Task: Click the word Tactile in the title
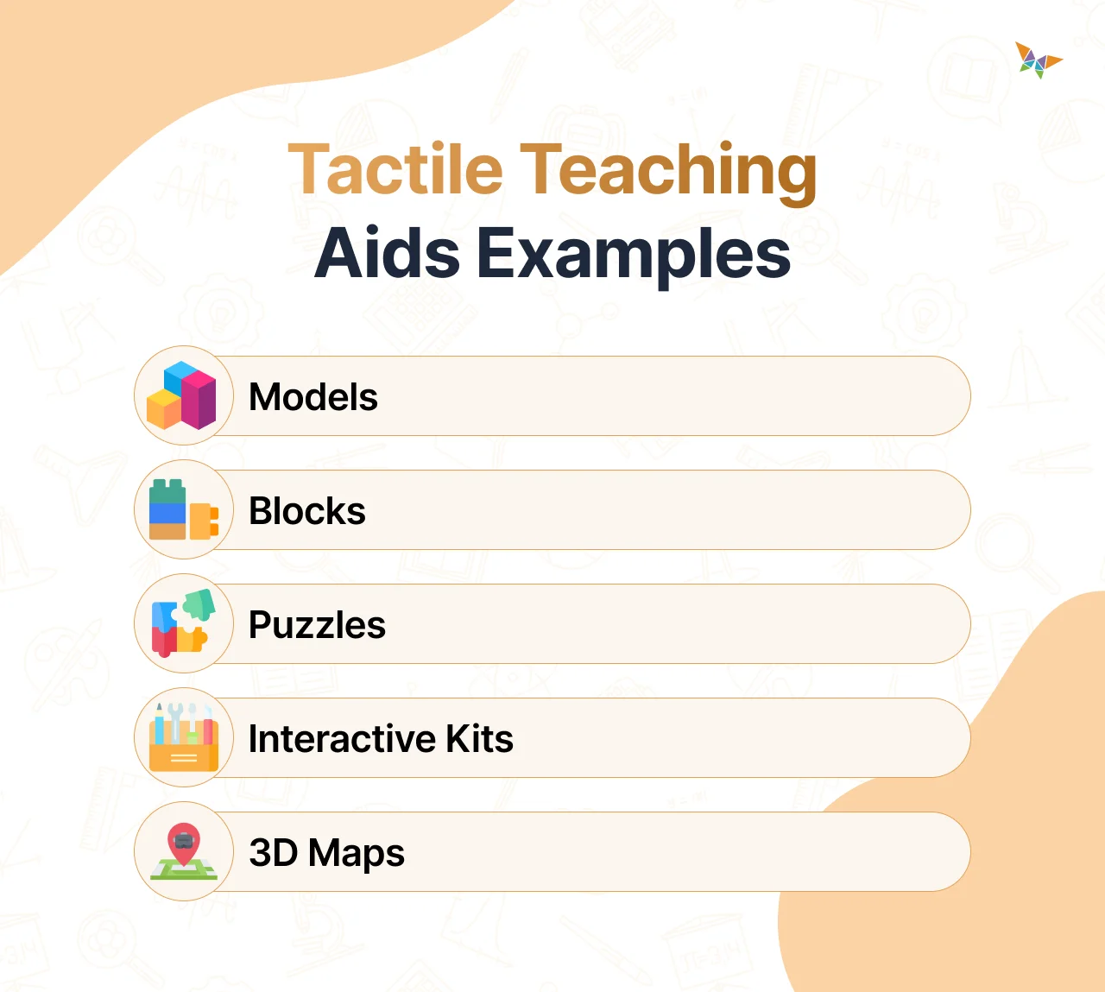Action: (x=395, y=169)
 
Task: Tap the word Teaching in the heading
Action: (x=669, y=171)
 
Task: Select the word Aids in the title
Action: (x=388, y=253)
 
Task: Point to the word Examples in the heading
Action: (x=634, y=255)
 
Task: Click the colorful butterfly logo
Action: (x=1038, y=60)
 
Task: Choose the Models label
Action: (x=313, y=397)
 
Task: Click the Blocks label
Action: (x=307, y=511)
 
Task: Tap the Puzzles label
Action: (x=317, y=625)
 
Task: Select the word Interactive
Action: (x=341, y=739)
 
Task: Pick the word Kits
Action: (x=479, y=739)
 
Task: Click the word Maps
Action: (x=357, y=854)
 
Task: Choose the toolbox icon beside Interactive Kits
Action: (x=183, y=738)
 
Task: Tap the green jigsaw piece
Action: (x=199, y=604)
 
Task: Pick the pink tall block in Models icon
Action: (x=201, y=399)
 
